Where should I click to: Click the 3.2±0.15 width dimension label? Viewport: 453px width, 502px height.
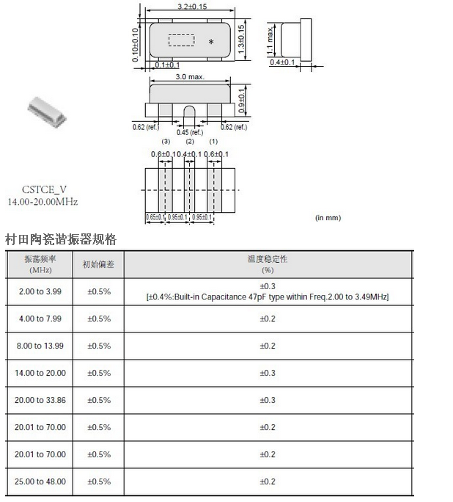coord(191,6)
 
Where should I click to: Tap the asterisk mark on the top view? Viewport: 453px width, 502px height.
coord(211,42)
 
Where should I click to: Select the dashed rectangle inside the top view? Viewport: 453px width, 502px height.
coord(181,40)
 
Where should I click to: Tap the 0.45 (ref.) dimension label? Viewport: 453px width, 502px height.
coord(189,133)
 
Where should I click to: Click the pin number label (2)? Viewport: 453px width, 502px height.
coord(190,141)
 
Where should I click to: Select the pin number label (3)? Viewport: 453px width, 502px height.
coord(166,141)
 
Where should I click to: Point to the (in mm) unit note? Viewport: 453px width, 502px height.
coord(328,218)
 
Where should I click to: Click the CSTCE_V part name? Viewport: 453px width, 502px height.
coord(42,189)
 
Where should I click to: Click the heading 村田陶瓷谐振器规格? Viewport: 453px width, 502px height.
coord(60,240)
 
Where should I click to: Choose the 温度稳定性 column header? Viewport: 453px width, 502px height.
coord(267,259)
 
